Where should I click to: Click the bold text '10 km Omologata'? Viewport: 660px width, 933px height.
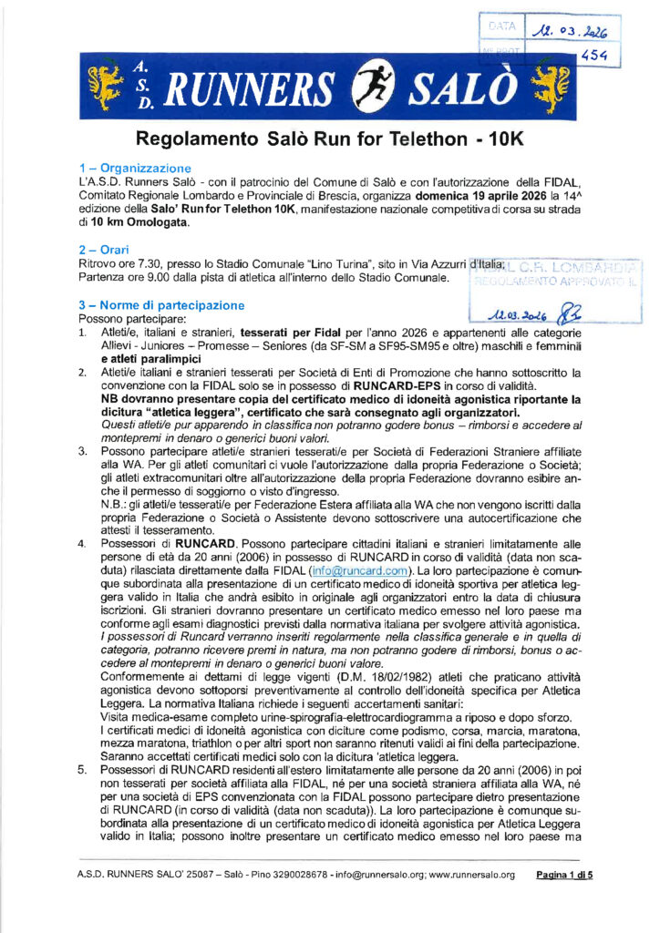click(140, 221)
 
